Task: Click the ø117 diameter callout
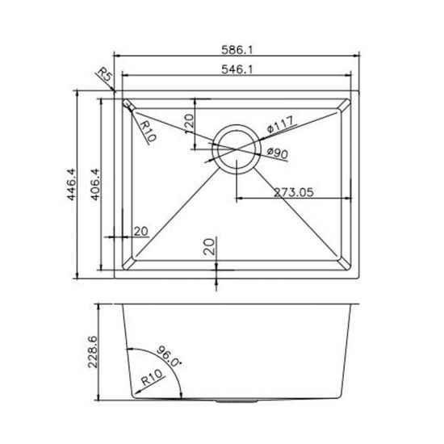279,127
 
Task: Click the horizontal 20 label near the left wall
140,232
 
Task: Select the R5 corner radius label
103,77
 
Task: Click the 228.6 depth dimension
94,353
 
